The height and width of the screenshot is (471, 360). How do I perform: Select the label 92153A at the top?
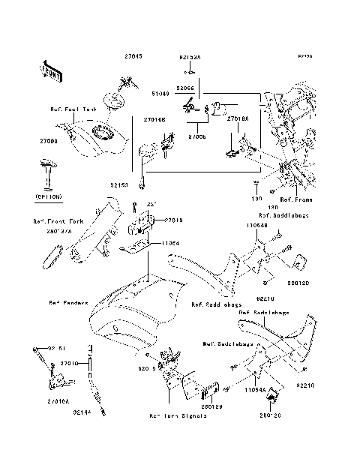tap(190, 56)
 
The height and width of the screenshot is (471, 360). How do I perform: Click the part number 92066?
tap(185, 88)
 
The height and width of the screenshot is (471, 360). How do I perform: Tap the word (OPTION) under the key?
tap(48, 196)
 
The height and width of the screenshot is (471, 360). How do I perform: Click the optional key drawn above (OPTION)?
tap(47, 171)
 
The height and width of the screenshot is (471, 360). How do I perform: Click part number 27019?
tap(174, 220)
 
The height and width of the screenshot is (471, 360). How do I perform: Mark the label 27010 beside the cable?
tap(70, 363)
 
